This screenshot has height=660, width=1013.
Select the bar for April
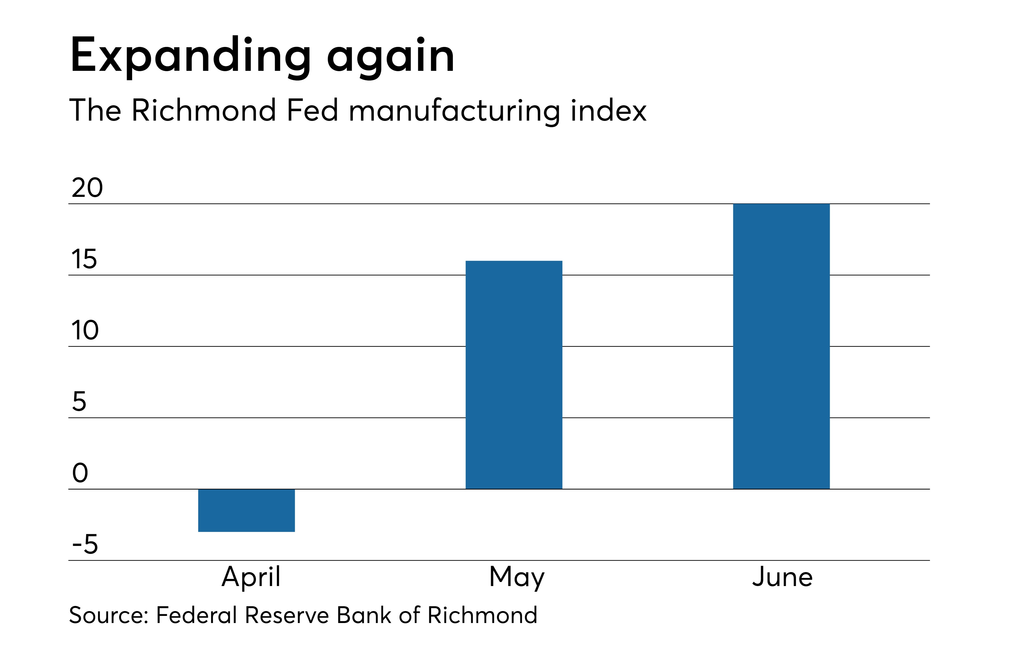coord(246,510)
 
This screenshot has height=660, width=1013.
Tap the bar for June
coord(781,346)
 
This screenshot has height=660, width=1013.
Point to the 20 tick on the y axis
coord(87,188)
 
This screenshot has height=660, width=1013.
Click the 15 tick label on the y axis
coord(84,259)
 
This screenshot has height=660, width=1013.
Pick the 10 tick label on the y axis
coord(85,330)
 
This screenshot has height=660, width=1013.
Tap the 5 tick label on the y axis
coord(79,401)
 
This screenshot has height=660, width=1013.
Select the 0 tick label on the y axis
coord(80,473)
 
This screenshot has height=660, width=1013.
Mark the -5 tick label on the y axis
coord(85,544)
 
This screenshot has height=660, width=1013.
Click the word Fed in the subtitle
coord(312,110)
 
